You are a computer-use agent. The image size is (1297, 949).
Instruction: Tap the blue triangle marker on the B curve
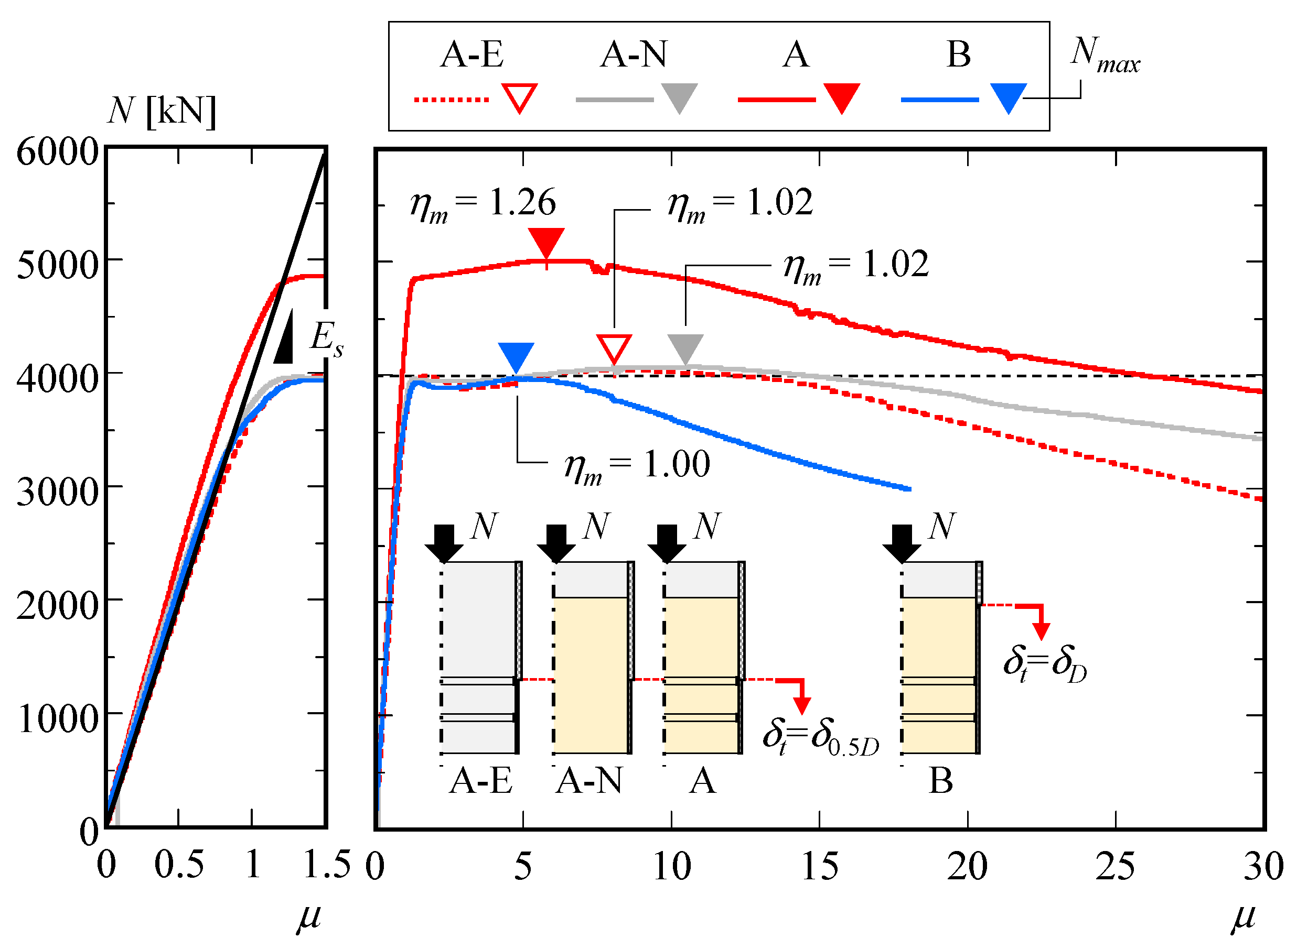516,356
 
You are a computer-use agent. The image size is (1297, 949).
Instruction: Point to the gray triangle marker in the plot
685,347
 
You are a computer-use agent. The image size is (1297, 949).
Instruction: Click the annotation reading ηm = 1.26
483,204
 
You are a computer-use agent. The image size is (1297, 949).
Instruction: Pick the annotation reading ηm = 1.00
637,465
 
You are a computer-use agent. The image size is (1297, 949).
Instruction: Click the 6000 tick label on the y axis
58,152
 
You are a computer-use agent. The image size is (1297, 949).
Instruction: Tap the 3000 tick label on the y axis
58,492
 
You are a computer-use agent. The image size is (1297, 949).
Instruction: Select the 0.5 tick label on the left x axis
179,865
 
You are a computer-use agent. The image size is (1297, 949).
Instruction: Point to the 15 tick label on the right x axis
819,866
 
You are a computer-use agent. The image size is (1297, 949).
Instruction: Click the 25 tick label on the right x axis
1116,866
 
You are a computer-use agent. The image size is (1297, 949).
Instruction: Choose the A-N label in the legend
634,55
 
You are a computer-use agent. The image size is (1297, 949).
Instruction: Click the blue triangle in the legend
1009,97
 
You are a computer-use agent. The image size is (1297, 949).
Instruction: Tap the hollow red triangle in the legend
519,97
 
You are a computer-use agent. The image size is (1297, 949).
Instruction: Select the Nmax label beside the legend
1105,56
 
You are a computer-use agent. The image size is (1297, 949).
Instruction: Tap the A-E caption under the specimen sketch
480,781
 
